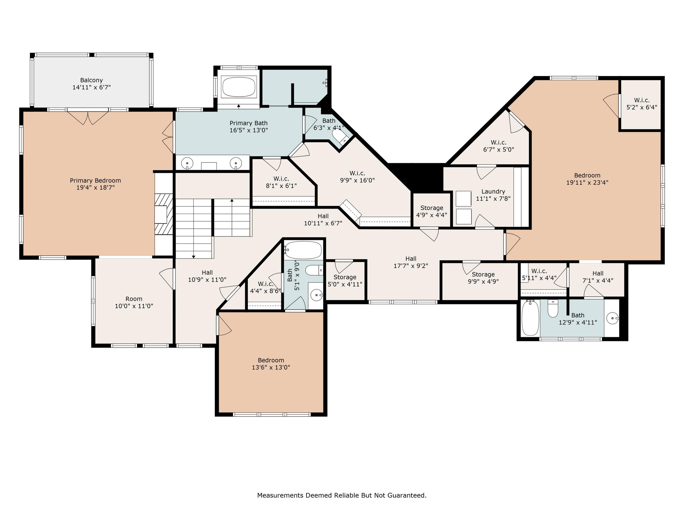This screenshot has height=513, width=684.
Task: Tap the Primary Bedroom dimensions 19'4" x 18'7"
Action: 96,187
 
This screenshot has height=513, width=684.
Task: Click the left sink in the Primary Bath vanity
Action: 187,163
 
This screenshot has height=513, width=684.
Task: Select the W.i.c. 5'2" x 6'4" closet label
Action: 642,104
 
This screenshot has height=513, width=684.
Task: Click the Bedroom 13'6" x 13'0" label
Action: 271,364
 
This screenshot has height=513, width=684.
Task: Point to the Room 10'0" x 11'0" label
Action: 134,302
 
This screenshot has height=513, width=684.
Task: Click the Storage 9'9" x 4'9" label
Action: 483,278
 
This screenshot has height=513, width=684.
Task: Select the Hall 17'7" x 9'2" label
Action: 411,262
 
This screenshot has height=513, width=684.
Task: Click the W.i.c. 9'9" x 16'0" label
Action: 357,177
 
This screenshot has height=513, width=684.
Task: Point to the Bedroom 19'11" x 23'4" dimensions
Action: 587,182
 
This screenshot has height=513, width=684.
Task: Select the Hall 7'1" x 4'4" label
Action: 598,277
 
